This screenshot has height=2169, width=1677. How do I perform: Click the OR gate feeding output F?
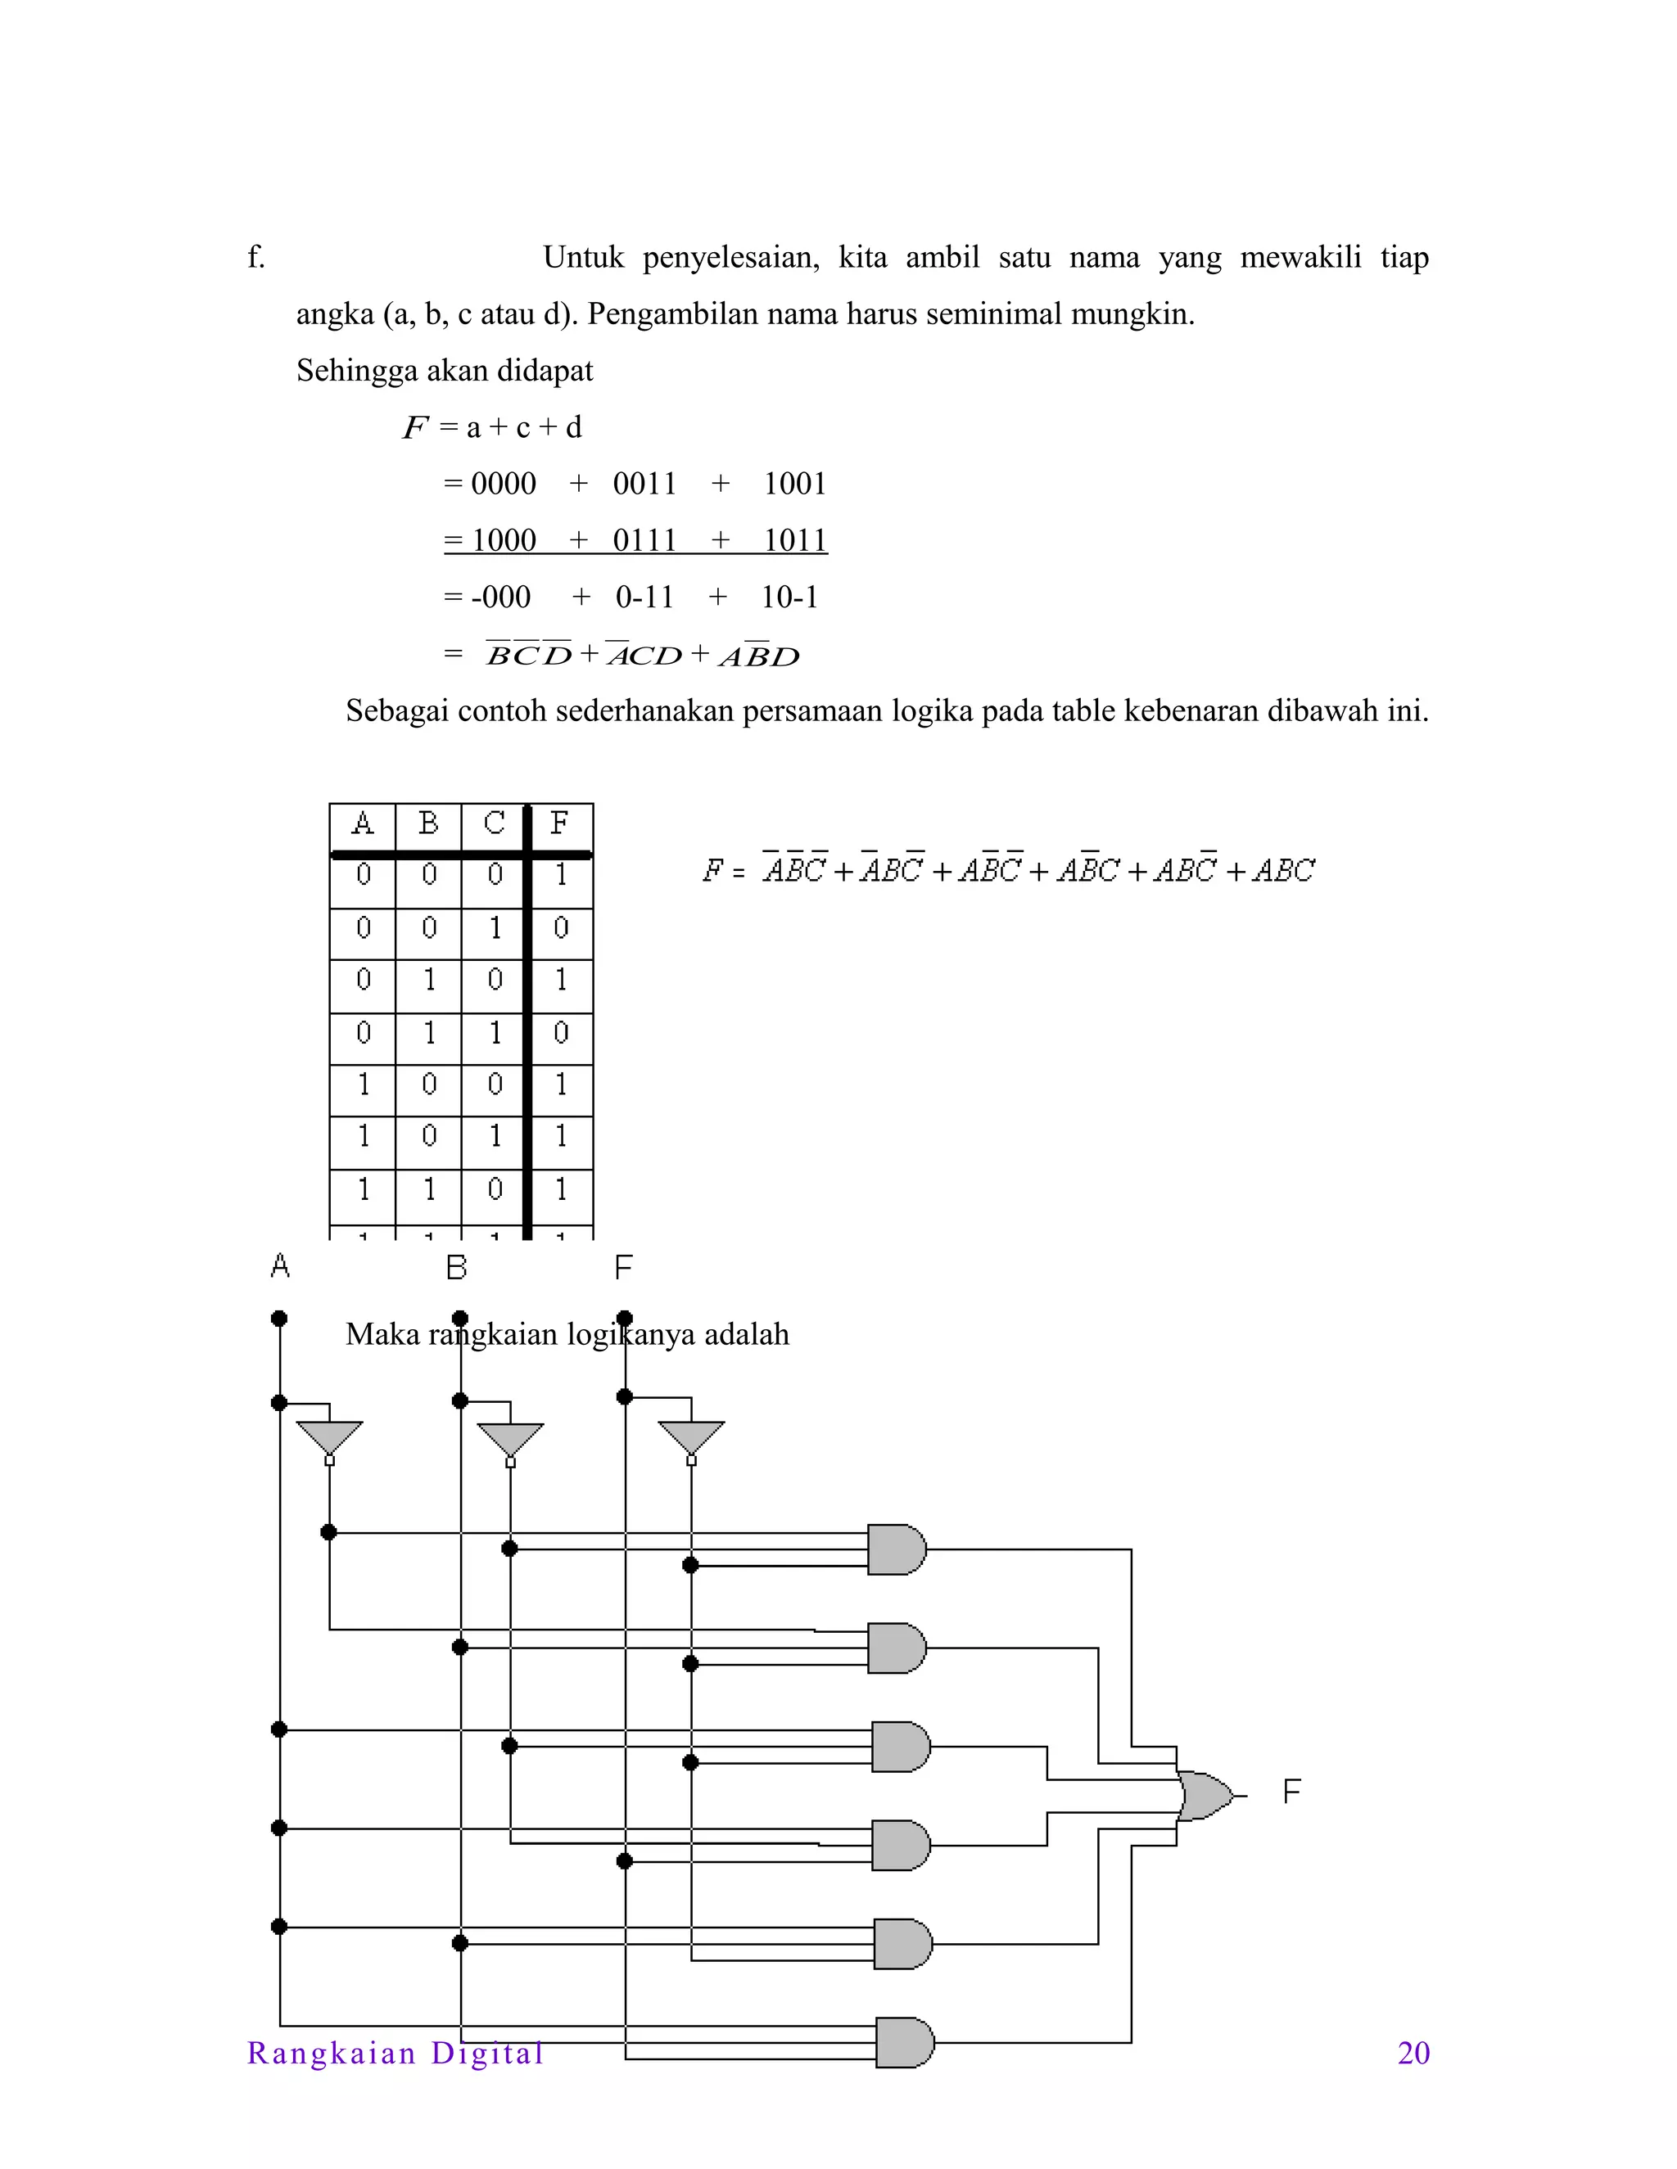click(1204, 1796)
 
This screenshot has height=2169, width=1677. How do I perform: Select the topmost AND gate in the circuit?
click(895, 1549)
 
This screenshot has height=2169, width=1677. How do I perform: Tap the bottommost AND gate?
click(903, 2042)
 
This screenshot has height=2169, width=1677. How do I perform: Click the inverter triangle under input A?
click(330, 1437)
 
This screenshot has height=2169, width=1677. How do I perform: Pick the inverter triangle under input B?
click(511, 1438)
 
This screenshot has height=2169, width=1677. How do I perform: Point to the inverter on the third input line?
click(691, 1437)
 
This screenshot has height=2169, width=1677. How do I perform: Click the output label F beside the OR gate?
click(1291, 1792)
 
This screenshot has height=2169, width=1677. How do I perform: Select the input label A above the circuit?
click(280, 1266)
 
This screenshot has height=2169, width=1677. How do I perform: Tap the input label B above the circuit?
click(456, 1267)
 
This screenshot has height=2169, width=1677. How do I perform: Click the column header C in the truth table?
click(494, 823)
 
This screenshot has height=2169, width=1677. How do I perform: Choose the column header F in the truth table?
click(560, 823)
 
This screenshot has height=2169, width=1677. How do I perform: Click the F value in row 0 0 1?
click(560, 929)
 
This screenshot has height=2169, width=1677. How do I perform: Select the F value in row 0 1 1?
click(560, 1034)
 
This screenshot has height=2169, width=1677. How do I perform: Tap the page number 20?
click(1413, 2053)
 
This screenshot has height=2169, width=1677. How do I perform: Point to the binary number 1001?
click(795, 484)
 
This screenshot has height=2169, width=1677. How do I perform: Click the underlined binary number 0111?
click(644, 540)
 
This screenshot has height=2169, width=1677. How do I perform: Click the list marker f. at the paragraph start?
click(256, 257)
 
